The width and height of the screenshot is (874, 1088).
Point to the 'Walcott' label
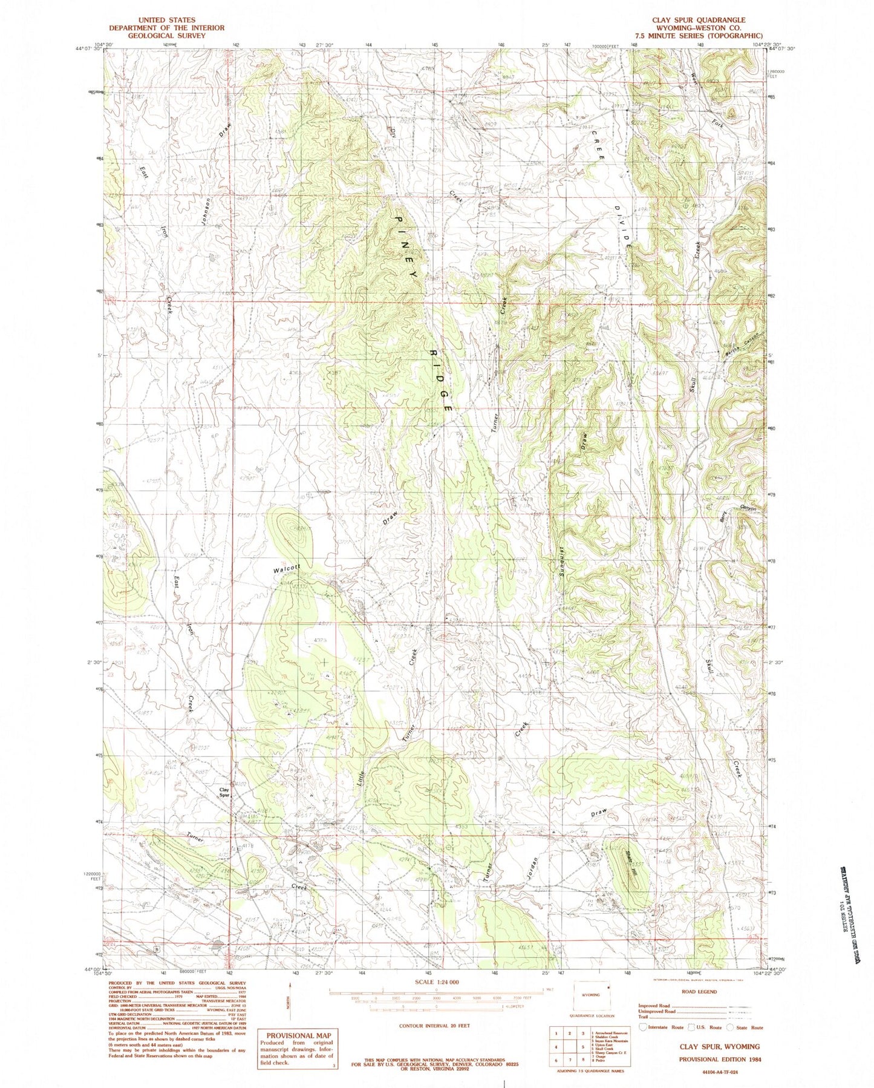287,569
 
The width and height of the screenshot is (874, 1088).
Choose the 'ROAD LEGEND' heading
699,992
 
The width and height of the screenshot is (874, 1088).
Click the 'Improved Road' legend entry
654,1005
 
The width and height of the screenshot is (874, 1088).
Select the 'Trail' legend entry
645,1017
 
